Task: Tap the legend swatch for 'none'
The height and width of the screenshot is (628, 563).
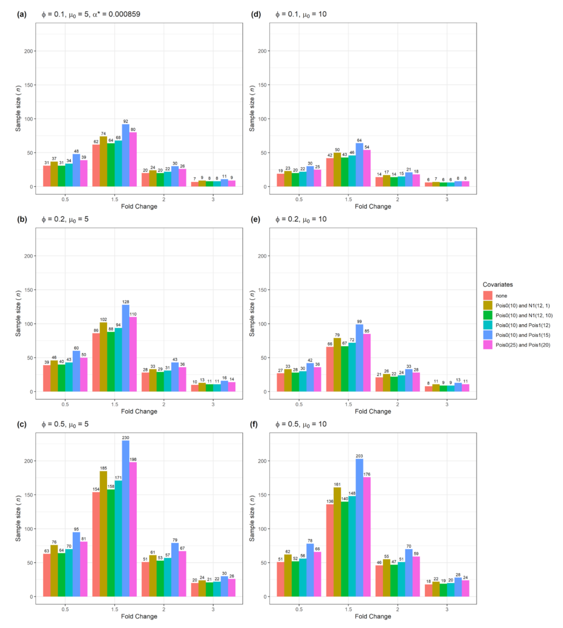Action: [487, 295]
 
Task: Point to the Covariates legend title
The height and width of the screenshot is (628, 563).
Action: [498, 284]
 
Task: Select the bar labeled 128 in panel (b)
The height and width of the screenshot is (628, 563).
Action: [126, 348]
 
